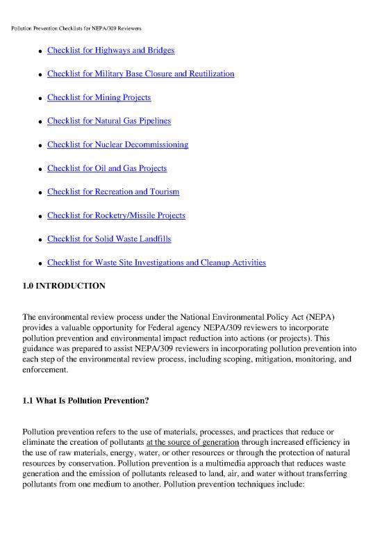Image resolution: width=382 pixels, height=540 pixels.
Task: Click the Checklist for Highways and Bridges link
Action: pyautogui.click(x=110, y=51)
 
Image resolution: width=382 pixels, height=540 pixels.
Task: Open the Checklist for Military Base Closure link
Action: pyautogui.click(x=140, y=74)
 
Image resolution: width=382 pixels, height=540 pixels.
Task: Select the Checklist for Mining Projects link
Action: pyautogui.click(x=99, y=97)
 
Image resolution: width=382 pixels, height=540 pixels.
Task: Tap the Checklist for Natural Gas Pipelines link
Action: pyautogui.click(x=109, y=121)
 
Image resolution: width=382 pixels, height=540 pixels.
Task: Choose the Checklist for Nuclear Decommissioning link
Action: pyautogui.click(x=117, y=145)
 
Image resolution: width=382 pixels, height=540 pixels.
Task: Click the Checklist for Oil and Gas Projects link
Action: pyautogui.click(x=107, y=168)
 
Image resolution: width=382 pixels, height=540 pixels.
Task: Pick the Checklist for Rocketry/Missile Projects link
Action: pyautogui.click(x=116, y=215)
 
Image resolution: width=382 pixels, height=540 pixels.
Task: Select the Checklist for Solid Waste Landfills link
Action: pyautogui.click(x=109, y=239)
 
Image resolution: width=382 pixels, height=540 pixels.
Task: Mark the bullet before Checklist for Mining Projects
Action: pyautogui.click(x=42, y=99)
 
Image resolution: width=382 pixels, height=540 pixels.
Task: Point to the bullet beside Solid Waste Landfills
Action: pyautogui.click(x=42, y=240)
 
